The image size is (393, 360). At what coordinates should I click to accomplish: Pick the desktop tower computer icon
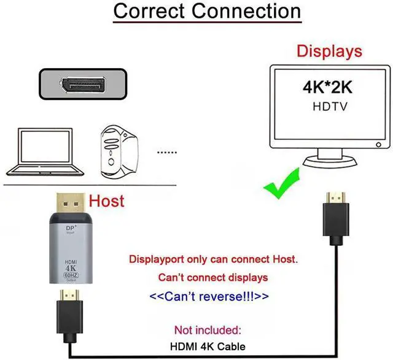pyautogui.click(x=117, y=148)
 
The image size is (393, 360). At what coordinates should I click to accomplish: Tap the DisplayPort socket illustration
pyautogui.click(x=86, y=85)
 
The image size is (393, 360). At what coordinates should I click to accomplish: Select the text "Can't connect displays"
pyautogui.click(x=212, y=277)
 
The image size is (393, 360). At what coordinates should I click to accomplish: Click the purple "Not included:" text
pyautogui.click(x=209, y=330)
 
